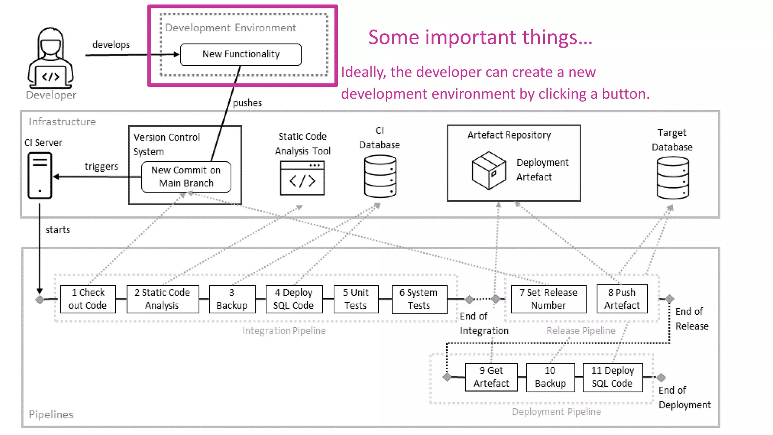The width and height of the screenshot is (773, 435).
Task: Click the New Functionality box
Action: click(x=241, y=54)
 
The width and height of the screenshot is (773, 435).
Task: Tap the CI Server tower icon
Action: click(x=40, y=175)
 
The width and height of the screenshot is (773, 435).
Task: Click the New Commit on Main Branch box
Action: click(x=186, y=177)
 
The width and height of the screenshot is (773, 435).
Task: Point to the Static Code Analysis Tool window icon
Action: click(x=302, y=178)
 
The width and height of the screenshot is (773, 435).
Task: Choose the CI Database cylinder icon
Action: click(x=380, y=177)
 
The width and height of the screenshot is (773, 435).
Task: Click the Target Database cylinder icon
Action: click(x=673, y=178)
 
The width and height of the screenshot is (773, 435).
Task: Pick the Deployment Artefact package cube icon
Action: click(x=489, y=170)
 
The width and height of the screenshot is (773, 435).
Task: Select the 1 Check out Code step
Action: click(x=88, y=299)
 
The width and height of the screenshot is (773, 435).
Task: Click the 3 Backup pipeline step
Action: click(x=232, y=299)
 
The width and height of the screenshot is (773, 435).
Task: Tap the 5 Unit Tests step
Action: click(x=356, y=299)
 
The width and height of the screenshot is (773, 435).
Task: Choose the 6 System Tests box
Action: click(x=419, y=299)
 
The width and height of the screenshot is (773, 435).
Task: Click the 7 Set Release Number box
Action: click(x=548, y=299)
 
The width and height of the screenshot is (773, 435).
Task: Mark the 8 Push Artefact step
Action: click(x=622, y=299)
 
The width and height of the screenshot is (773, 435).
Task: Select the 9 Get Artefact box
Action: click(x=491, y=377)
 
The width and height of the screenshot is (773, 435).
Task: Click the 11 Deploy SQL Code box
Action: click(x=612, y=377)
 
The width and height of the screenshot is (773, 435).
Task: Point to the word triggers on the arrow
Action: click(x=101, y=167)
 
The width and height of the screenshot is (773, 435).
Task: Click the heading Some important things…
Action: click(x=480, y=37)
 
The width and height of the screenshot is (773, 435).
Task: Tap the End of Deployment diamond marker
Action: click(x=661, y=377)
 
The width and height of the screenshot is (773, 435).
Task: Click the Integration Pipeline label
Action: click(x=284, y=331)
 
